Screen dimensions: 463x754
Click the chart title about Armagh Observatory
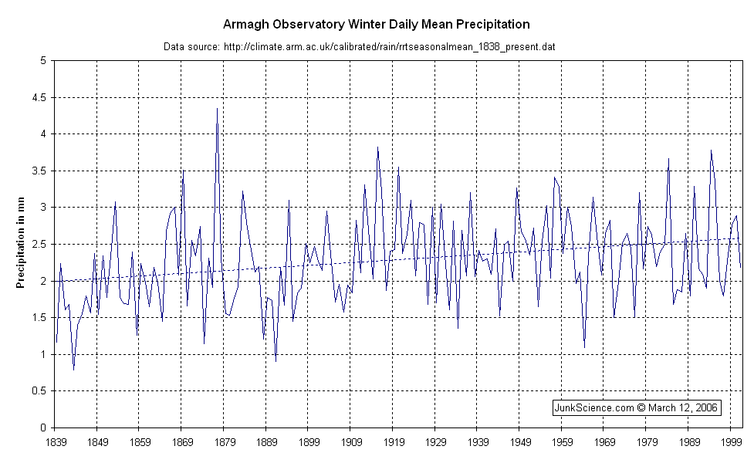[377, 25]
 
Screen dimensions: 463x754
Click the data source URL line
[360, 47]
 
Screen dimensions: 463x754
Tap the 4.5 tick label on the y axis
[39, 98]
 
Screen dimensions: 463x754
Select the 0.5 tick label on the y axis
[39, 391]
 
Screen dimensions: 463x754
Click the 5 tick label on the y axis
[43, 61]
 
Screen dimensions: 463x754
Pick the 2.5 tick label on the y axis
[39, 245]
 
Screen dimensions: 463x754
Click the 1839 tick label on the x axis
[55, 442]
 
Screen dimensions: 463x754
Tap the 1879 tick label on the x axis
[224, 442]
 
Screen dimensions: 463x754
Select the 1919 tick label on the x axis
[392, 442]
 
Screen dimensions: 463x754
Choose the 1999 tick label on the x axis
[730, 442]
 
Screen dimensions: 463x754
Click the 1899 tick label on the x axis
[308, 442]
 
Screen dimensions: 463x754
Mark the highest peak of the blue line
[217, 108]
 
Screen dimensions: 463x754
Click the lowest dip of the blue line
[73, 370]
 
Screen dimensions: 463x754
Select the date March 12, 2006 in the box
[691, 407]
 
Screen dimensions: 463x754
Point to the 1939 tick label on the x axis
[477, 442]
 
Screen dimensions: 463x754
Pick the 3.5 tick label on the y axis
[39, 171]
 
